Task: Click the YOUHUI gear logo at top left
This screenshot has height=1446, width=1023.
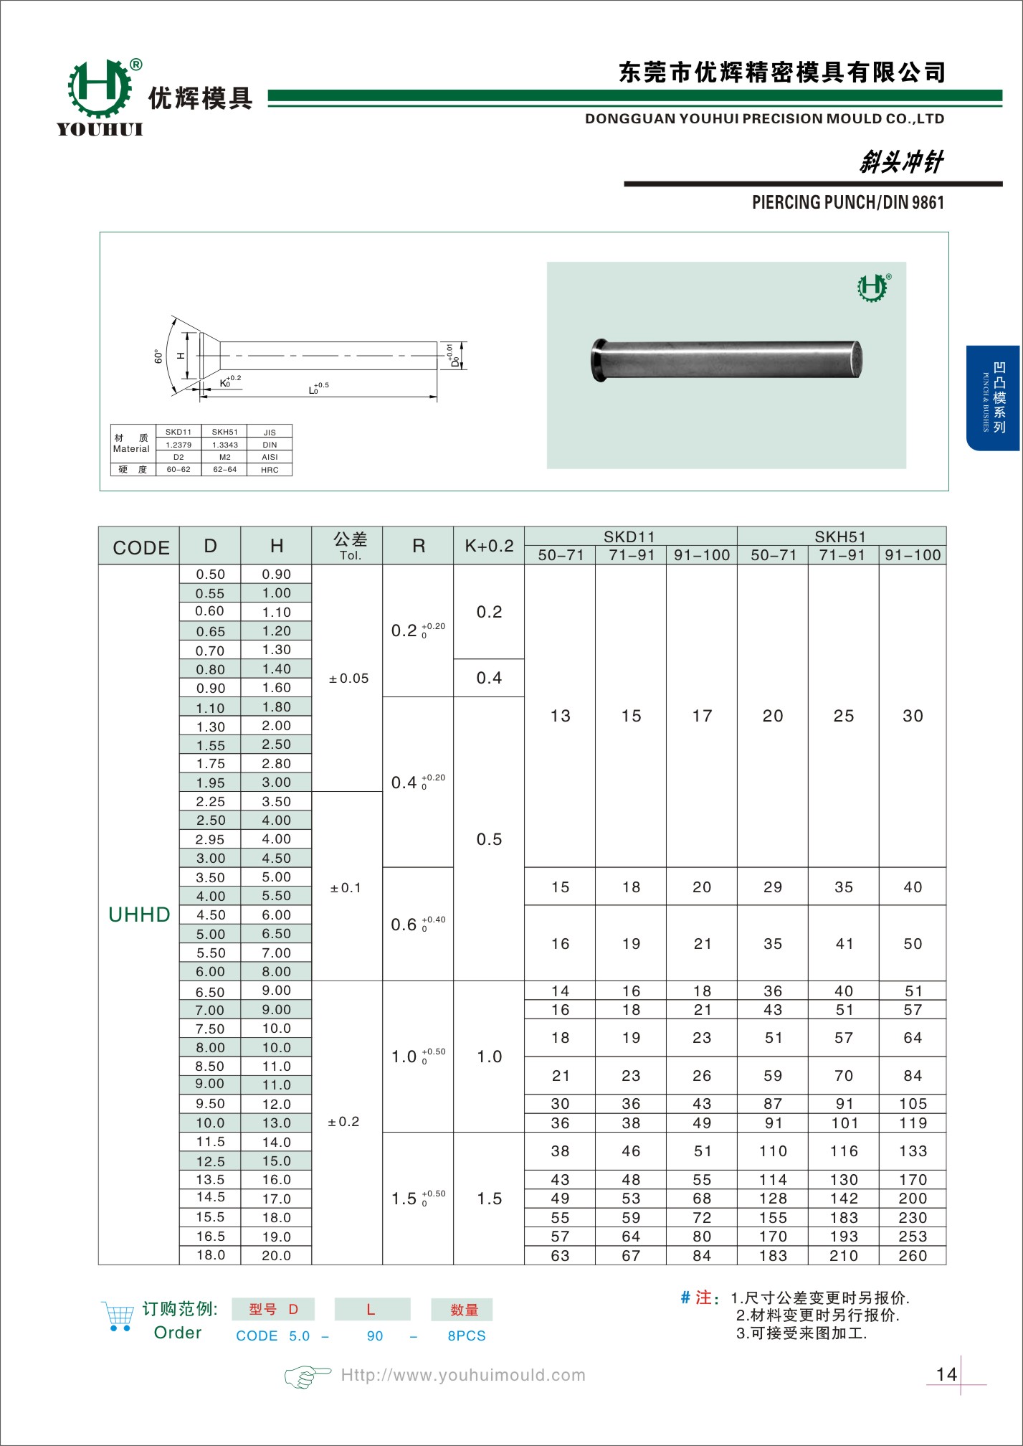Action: (100, 89)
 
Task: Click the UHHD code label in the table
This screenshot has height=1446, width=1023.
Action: (139, 915)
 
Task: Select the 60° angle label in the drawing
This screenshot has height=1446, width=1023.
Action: (158, 356)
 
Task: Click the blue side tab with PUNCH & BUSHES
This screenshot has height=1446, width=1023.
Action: (994, 397)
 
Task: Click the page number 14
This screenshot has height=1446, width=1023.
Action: (946, 1374)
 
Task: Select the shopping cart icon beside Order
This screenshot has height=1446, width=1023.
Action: (118, 1316)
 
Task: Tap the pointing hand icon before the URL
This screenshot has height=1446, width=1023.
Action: (308, 1376)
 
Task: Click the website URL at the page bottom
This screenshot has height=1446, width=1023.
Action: (463, 1375)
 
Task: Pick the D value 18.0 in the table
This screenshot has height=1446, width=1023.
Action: (211, 1255)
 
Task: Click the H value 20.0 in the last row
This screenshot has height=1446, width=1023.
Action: (277, 1255)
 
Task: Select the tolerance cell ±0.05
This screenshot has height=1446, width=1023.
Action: (348, 679)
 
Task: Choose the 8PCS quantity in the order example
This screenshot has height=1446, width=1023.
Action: (467, 1336)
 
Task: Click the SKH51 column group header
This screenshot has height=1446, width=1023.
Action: (840, 537)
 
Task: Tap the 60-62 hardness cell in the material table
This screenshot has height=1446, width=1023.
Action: (179, 470)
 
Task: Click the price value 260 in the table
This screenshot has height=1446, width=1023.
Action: (913, 1256)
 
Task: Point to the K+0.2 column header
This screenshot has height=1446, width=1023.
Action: (489, 546)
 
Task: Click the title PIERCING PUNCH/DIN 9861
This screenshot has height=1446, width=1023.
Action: (847, 203)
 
